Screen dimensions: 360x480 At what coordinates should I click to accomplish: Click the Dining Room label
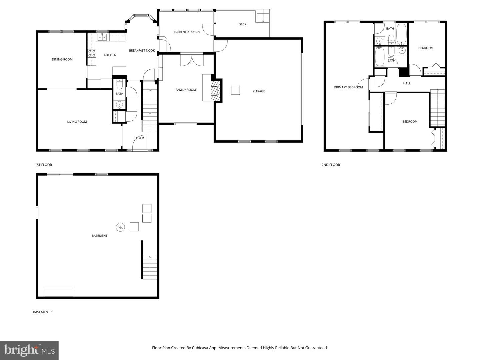pos(62,59)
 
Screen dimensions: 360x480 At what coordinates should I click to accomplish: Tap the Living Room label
pos(77,122)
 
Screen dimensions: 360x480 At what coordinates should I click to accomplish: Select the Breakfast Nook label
pos(142,51)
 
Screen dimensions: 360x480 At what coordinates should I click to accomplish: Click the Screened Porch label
pos(186,32)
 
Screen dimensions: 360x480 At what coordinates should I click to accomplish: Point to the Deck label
pos(242,24)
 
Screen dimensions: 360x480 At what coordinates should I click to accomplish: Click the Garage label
pos(259,91)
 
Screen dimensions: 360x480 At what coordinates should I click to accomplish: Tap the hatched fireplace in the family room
pos(216,90)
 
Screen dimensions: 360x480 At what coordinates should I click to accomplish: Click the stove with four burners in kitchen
pos(92,53)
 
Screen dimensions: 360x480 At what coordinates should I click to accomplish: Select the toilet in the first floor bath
pos(120,84)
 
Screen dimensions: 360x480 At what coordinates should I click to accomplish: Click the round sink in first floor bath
pos(120,105)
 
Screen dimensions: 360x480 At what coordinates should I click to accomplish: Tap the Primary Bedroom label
pos(348,87)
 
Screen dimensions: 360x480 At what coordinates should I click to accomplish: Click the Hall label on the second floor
pos(407,83)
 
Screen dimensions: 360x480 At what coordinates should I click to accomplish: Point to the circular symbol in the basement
pos(120,227)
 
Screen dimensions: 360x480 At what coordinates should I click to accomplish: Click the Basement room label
pos(99,236)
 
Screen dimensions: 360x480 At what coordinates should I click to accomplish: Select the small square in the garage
pos(235,90)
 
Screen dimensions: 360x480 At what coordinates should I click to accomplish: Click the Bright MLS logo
pos(29,350)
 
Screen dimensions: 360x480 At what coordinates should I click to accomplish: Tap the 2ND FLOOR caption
pos(331,165)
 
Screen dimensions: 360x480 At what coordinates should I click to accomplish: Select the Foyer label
pos(139,138)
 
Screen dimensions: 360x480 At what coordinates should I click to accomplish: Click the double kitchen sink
pos(102,37)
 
